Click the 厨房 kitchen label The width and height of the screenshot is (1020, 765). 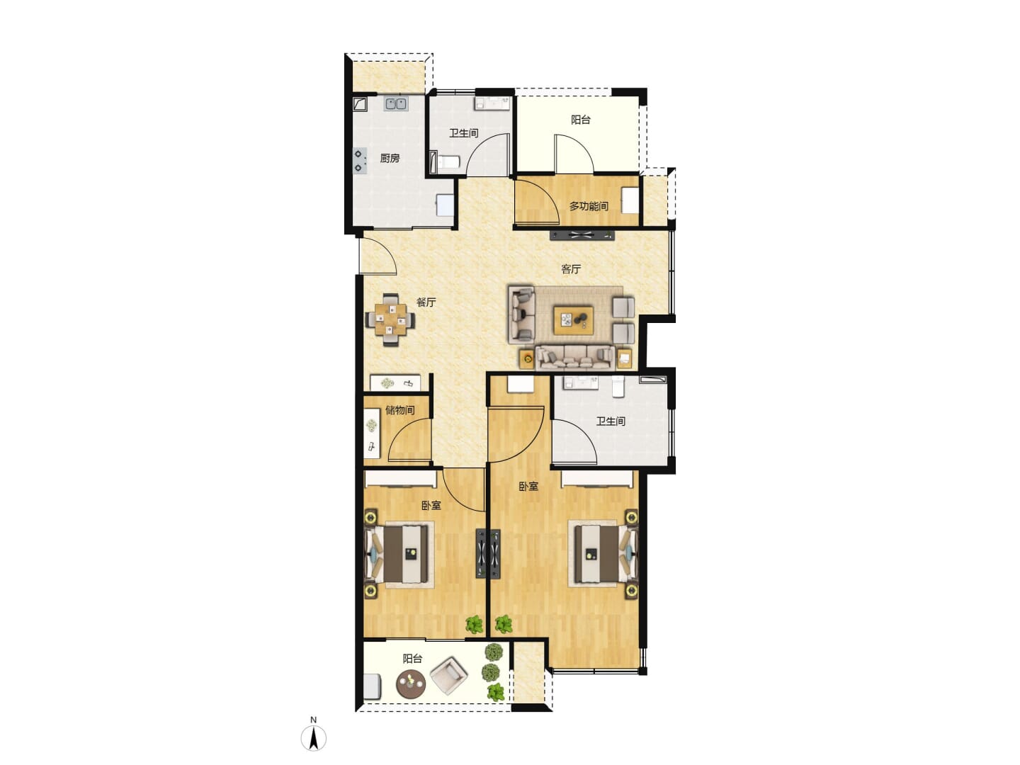tap(390, 159)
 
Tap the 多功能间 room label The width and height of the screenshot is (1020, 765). tap(589, 205)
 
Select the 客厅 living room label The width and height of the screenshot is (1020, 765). tap(571, 269)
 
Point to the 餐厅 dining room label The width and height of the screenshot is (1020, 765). tap(426, 302)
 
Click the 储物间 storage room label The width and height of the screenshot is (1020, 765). tap(399, 410)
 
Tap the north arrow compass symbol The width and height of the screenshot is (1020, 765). tap(314, 737)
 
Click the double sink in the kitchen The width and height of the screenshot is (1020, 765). tap(396, 103)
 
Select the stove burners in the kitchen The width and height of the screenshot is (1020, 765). tap(360, 161)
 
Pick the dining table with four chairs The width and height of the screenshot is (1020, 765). tap(390, 319)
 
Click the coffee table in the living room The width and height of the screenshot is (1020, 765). tap(573, 319)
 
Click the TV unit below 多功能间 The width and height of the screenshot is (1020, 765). tap(582, 235)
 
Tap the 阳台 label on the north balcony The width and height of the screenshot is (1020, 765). tap(580, 120)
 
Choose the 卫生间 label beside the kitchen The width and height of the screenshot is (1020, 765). tap(463, 133)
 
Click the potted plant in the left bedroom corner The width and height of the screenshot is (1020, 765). tap(474, 624)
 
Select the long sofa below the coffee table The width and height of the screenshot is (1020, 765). tap(575, 358)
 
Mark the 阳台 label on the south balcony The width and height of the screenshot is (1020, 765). tap(412, 659)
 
